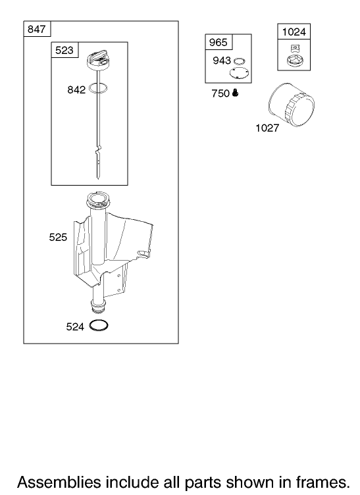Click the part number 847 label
[37, 29]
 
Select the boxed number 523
[64, 50]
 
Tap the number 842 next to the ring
[76, 90]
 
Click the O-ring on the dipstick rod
[98, 88]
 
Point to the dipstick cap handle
[98, 57]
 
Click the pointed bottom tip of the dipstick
[97, 178]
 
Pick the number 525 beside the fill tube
[58, 237]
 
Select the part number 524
[75, 326]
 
